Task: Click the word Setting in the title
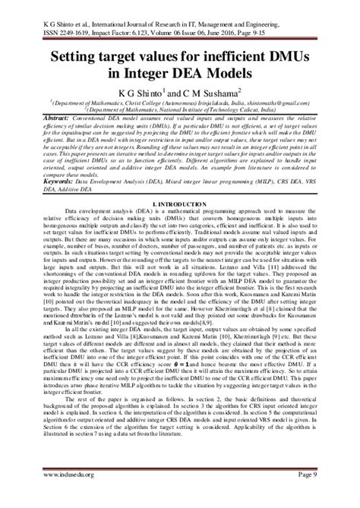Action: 78,55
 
